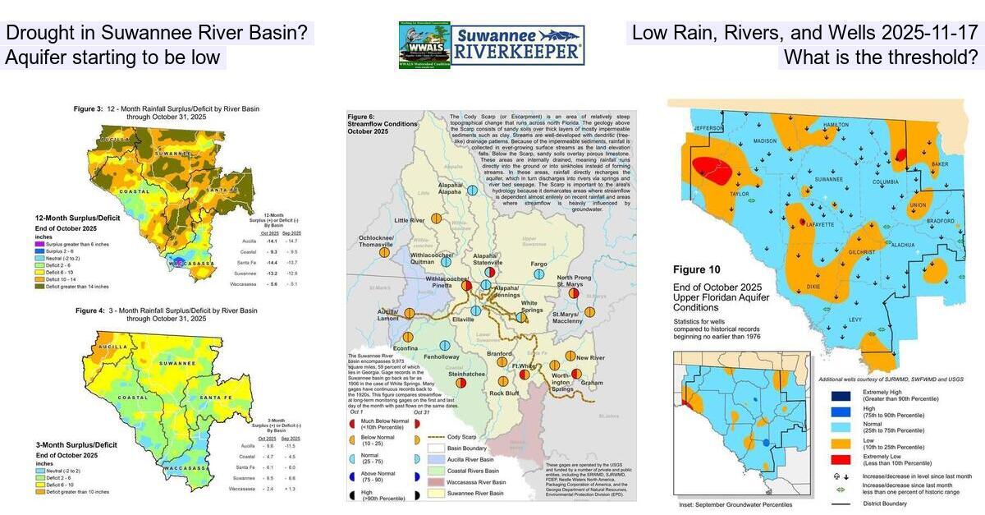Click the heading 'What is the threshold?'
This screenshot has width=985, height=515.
click(x=881, y=57)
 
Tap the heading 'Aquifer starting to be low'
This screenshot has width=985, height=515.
click(x=112, y=57)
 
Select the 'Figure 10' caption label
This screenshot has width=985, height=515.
click(x=700, y=269)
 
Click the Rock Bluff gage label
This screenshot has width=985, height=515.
click(x=504, y=393)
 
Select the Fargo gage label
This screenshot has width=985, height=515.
click(x=538, y=264)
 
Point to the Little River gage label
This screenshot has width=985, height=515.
click(x=410, y=221)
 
